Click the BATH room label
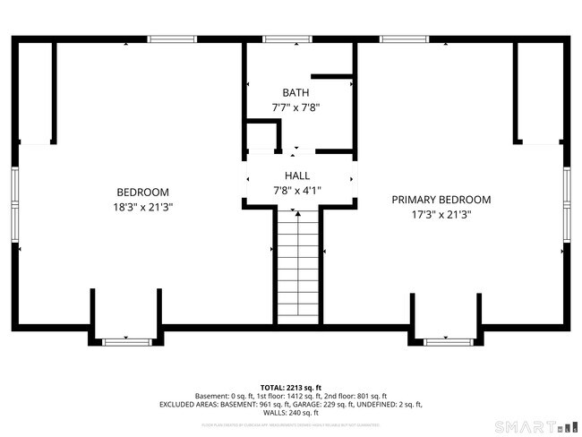coord(295,92)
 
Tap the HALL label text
coord(297,176)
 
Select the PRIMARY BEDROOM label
coord(441,200)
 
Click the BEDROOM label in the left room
coord(142,193)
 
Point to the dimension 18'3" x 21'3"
coord(142,207)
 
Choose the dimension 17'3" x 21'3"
coord(441,214)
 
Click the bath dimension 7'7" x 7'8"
coord(295,107)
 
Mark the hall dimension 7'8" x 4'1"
coord(297,190)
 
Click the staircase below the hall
coord(297,264)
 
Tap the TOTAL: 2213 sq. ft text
coord(291,388)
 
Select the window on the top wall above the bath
coord(287,39)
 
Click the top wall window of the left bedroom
coord(172,39)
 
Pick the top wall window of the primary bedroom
coord(404,39)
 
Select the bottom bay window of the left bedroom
coord(125,341)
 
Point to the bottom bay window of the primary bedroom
coord(448,341)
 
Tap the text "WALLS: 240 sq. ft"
coord(291,413)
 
